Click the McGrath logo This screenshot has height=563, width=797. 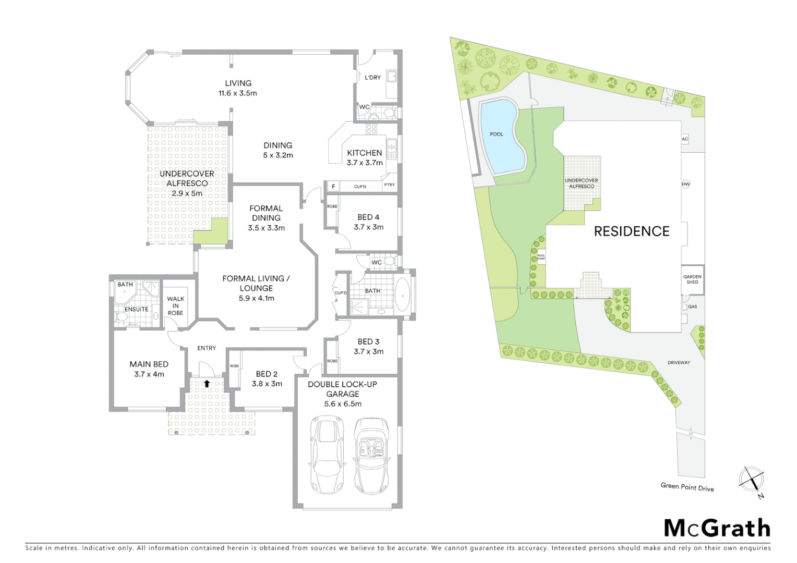click(x=717, y=529)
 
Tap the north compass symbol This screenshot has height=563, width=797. click(x=752, y=479)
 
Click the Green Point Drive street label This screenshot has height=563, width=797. click(x=687, y=487)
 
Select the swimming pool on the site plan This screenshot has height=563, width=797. click(x=500, y=137)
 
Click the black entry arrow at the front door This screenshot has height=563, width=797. click(x=207, y=384)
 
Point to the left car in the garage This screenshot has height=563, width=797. click(x=327, y=455)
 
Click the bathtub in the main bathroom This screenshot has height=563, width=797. click(x=403, y=295)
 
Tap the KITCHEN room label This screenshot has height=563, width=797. click(x=365, y=153)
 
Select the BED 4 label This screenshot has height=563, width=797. click(x=368, y=217)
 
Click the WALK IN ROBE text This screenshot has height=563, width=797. click(x=175, y=306)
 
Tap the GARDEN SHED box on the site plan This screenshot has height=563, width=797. click(x=692, y=279)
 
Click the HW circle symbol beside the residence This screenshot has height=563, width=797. click(x=685, y=184)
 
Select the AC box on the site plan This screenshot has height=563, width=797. click(x=685, y=139)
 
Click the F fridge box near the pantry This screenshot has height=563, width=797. click(x=333, y=186)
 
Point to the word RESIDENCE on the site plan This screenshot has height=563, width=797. click(x=631, y=231)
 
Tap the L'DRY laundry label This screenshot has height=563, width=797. click(x=372, y=77)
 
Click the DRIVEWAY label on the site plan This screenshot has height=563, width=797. click(x=679, y=362)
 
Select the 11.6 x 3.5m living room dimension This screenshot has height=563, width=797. click(x=238, y=93)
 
